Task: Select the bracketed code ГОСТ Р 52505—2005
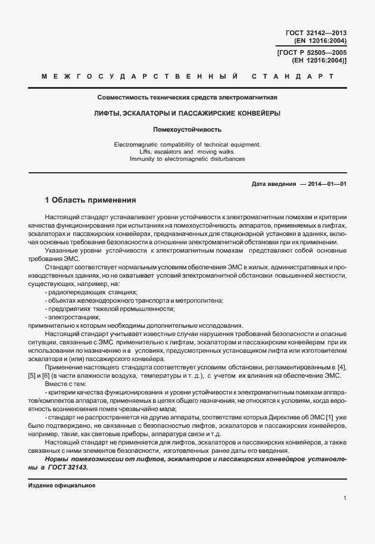(312, 52)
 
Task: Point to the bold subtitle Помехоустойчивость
(187, 129)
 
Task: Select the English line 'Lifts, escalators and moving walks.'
(187, 151)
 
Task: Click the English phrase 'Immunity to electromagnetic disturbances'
(187, 158)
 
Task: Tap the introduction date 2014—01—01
(327, 185)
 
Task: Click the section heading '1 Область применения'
(91, 200)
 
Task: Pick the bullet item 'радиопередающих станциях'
(91, 292)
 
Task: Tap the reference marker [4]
(342, 366)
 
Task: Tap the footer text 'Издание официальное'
(61, 485)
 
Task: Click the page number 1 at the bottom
(345, 498)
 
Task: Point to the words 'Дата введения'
(274, 185)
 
